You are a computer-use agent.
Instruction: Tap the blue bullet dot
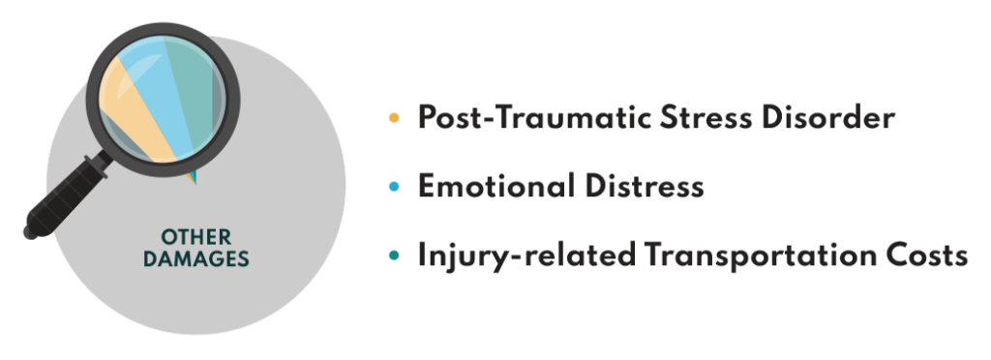394,187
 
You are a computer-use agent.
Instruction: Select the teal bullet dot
394,256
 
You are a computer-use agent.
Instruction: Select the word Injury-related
524,256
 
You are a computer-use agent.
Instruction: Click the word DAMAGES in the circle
195,258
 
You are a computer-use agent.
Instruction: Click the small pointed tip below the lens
192,177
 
